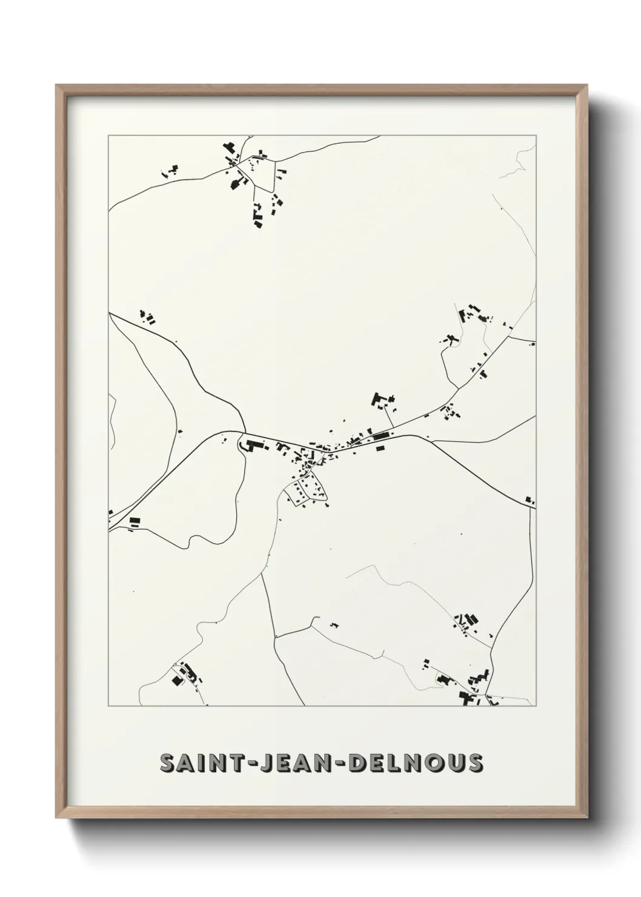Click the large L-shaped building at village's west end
[x=250, y=445]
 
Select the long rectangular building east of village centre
[x=380, y=435]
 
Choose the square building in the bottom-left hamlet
[x=178, y=681]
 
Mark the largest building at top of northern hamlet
[x=228, y=148]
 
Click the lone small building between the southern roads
[x=333, y=624]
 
